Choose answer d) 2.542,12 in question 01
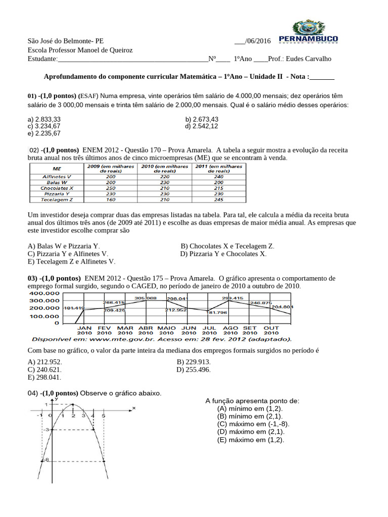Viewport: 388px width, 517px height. pyautogui.click(x=202, y=126)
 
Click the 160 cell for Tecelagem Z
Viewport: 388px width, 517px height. pyautogui.click(x=111, y=199)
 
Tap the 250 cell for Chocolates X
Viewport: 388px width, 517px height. pyautogui.click(x=111, y=187)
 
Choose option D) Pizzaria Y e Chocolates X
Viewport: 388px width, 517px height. pyautogui.click(x=223, y=254)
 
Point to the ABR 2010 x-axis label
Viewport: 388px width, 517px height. pyautogui.click(x=145, y=330)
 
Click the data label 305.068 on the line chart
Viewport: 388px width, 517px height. pyautogui.click(x=145, y=297)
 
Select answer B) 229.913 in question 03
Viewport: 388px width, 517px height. pyautogui.click(x=193, y=362)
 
